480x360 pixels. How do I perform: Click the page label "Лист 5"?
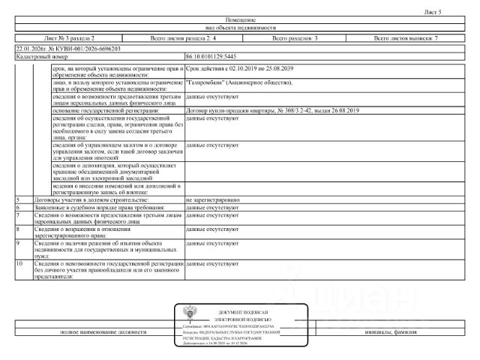pos(433,12)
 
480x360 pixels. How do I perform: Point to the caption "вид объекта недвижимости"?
pos(240,27)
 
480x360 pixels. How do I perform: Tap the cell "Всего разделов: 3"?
pos(295,37)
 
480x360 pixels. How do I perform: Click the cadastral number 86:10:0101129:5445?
pos(211,56)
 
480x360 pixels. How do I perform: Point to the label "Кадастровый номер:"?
pos(42,56)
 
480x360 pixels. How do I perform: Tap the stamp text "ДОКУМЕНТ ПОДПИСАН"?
pos(243,311)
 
